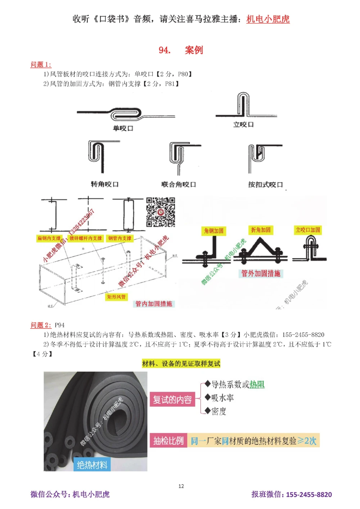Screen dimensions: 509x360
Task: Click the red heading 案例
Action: (194, 50)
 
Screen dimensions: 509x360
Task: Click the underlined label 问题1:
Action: (41, 64)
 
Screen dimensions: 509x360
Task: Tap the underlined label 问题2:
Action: (41, 325)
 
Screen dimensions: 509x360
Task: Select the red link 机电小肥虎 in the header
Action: (268, 19)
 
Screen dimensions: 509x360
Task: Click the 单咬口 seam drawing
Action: (126, 114)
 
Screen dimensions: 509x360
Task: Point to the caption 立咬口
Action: (243, 124)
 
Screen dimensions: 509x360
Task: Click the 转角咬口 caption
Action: (104, 184)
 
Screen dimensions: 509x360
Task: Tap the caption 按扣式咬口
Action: (265, 185)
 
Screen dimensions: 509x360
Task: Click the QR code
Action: (161, 212)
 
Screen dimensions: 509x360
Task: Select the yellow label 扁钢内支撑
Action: (49, 238)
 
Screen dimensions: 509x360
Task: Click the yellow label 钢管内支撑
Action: (120, 238)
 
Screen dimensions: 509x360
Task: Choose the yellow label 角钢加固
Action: (214, 231)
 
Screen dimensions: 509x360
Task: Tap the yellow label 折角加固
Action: (261, 230)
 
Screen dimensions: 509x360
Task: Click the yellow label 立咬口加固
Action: (308, 230)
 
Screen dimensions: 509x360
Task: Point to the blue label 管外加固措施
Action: (261, 273)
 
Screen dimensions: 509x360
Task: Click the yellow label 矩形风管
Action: (116, 297)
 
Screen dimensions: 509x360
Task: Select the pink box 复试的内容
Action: (172, 400)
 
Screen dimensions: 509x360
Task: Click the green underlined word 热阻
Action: (257, 385)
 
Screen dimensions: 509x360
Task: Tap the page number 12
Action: (181, 486)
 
